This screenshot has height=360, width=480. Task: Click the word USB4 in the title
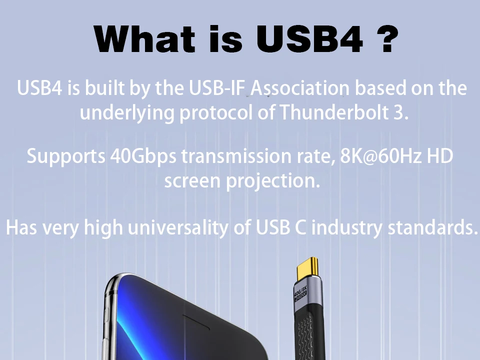(x=309, y=39)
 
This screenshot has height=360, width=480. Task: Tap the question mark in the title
(x=386, y=39)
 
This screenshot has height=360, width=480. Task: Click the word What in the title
(x=144, y=39)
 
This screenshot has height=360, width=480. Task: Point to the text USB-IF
(x=217, y=88)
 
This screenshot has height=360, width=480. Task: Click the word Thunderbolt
(x=334, y=112)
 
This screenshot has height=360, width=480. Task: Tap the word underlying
(x=127, y=113)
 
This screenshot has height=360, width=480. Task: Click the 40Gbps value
(x=143, y=156)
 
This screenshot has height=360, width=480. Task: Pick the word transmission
(x=236, y=156)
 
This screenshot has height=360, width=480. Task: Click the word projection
(x=273, y=181)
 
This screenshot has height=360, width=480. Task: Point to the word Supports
(x=66, y=156)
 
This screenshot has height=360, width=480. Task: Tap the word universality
(x=178, y=228)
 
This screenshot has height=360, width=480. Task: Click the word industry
(x=347, y=228)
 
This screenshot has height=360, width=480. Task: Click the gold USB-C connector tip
(x=307, y=267)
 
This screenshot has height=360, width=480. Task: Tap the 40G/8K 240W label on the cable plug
(x=300, y=293)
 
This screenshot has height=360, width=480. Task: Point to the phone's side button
(x=107, y=315)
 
